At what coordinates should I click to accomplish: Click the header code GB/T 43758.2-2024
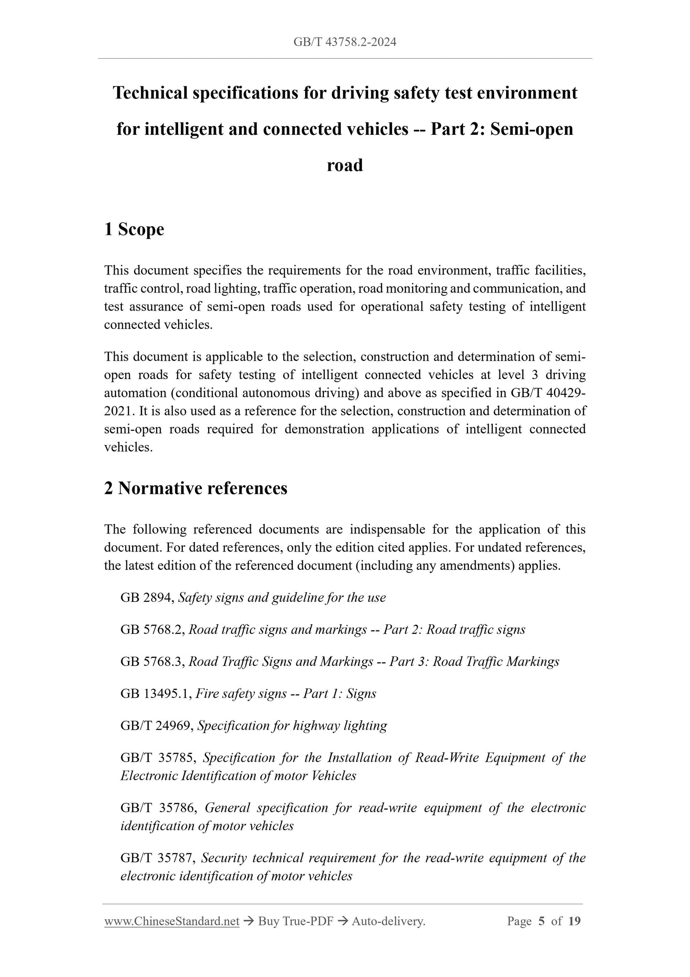[345, 43]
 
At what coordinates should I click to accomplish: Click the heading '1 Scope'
[134, 229]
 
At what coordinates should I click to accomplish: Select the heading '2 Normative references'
[196, 488]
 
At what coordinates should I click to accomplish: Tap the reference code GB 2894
[147, 598]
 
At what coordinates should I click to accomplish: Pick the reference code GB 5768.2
[152, 630]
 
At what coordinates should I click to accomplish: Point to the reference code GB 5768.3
[152, 662]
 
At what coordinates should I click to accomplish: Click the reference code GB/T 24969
[157, 726]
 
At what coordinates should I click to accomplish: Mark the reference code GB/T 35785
[158, 758]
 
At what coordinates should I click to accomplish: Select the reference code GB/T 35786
[158, 808]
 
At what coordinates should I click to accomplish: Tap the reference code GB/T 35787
[158, 858]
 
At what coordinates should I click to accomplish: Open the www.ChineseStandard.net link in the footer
[171, 921]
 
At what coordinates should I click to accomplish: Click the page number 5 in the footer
[541, 921]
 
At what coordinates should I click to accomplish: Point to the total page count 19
[575, 921]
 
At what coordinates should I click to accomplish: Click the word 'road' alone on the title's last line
[345, 165]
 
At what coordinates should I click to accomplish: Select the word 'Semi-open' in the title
[532, 129]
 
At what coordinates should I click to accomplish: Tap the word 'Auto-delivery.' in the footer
[388, 921]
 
